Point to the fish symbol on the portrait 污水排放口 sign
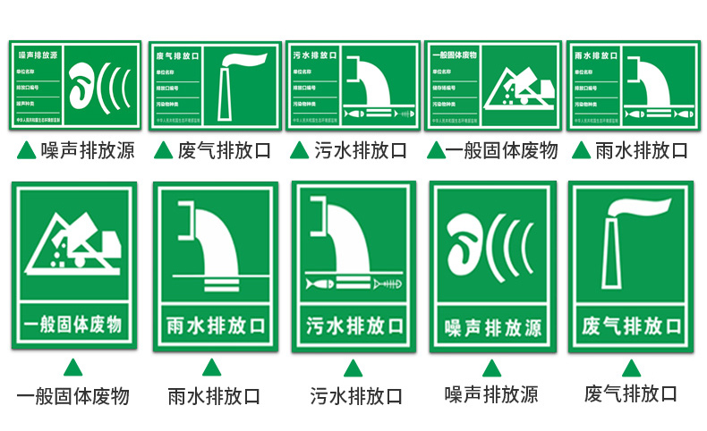point(319,283)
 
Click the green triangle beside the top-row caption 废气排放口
point(163,149)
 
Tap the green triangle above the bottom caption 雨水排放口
point(211,368)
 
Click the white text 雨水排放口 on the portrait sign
point(210,325)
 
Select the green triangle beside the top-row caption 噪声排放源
point(27,149)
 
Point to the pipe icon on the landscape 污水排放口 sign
point(373,82)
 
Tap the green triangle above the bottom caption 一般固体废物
point(72,367)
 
